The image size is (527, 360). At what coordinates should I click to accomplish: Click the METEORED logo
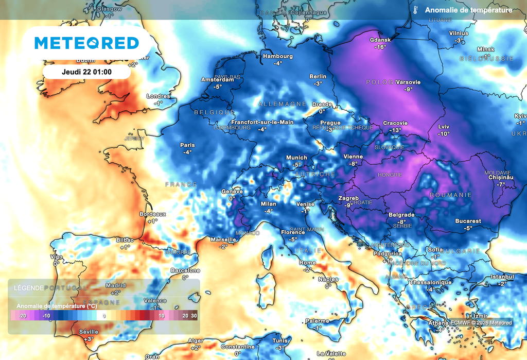click(x=86, y=43)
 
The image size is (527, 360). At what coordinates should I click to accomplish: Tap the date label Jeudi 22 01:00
click(x=86, y=72)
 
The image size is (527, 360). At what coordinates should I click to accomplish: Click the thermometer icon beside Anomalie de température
click(x=414, y=10)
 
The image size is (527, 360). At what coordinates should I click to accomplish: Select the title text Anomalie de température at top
click(x=468, y=10)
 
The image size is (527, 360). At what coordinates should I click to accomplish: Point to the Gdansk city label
click(x=381, y=40)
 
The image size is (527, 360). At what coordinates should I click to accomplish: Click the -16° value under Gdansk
click(x=380, y=47)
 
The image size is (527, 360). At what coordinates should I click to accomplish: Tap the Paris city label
click(x=187, y=145)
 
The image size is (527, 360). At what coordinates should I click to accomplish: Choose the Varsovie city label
click(x=409, y=82)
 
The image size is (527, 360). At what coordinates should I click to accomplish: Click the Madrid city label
click(x=116, y=285)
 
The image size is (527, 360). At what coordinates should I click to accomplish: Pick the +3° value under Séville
click(x=89, y=339)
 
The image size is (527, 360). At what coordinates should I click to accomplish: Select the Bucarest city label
click(x=468, y=221)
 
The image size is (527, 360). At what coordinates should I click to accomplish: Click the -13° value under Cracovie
click(x=395, y=130)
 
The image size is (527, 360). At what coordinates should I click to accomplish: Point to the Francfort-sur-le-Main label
click(x=262, y=122)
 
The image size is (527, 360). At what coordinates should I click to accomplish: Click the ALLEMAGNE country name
click(x=282, y=104)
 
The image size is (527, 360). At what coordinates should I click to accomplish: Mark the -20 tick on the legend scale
click(x=22, y=316)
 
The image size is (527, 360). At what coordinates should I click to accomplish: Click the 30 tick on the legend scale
click(x=194, y=316)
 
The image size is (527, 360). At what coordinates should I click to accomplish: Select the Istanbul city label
click(x=502, y=277)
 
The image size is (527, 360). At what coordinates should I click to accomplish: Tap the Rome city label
click(x=307, y=263)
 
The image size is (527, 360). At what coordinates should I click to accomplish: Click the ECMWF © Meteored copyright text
click(x=481, y=323)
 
